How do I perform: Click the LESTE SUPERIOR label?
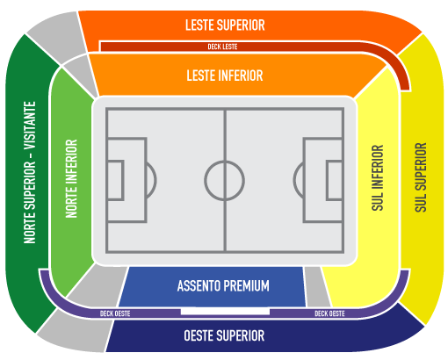(x=225, y=25)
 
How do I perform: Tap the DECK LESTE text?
(x=222, y=47)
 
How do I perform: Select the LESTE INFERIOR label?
(x=225, y=76)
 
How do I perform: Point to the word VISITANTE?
(x=30, y=126)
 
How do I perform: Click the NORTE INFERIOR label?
(x=71, y=178)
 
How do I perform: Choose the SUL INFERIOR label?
(x=378, y=177)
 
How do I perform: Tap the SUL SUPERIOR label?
(x=421, y=177)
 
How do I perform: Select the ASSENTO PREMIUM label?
(x=223, y=286)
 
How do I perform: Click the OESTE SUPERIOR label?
(x=224, y=335)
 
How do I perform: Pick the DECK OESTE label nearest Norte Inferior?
(x=115, y=313)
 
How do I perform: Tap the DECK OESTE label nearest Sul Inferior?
(x=329, y=313)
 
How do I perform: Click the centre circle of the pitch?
(x=225, y=162)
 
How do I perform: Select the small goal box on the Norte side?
(x=115, y=180)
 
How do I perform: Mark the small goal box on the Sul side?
(x=335, y=180)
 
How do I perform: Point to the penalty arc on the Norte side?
(x=155, y=180)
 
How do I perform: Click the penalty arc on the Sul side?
(x=293, y=180)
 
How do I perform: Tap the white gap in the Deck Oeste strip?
(x=225, y=312)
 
